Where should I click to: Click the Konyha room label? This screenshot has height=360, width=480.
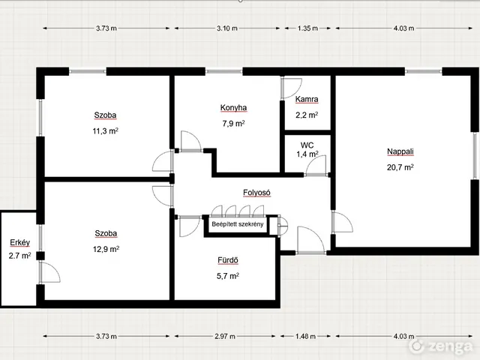[233, 108]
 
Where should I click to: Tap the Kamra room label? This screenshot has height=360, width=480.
[307, 99]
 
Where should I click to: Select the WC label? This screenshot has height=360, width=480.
[307, 145]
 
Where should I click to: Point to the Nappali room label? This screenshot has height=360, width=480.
[400, 151]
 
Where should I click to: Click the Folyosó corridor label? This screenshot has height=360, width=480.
[256, 193]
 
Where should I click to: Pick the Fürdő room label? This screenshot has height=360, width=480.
[228, 260]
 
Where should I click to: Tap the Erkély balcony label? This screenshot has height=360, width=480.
[20, 243]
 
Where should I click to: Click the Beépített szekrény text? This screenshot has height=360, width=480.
[238, 224]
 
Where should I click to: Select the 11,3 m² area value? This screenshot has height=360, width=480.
[106, 131]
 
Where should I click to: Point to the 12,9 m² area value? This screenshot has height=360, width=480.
[106, 249]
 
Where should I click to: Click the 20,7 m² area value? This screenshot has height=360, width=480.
[400, 167]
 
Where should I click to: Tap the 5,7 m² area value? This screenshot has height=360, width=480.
[228, 276]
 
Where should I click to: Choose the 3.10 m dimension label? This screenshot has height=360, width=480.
[227, 28]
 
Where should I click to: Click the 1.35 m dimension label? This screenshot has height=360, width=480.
[307, 28]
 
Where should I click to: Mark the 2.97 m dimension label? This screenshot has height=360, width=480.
[225, 336]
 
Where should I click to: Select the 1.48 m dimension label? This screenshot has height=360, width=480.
[305, 336]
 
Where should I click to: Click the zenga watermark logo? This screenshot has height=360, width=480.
[442, 346]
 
